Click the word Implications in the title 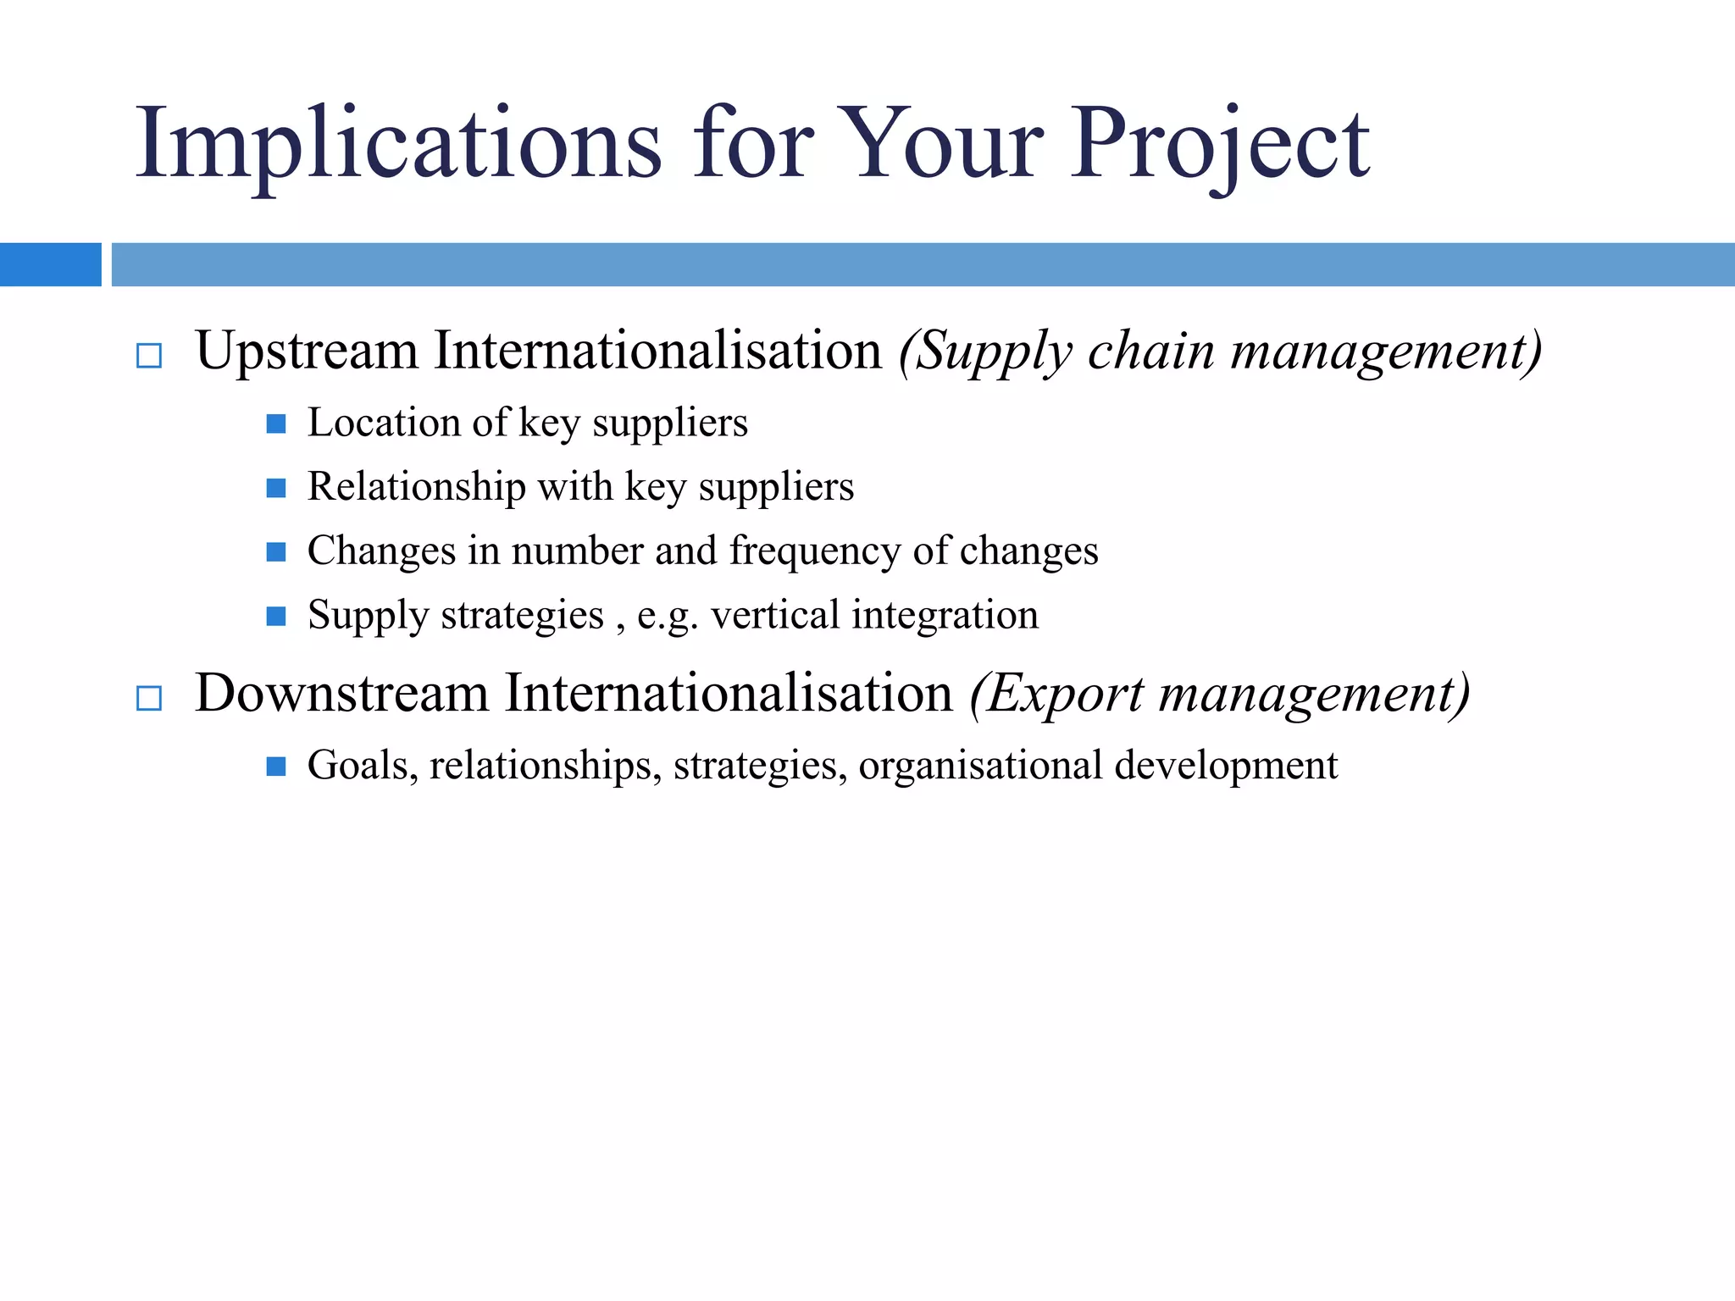click(x=398, y=144)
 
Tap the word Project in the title click(x=1220, y=144)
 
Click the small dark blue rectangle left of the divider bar click(x=50, y=264)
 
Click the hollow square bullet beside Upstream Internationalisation click(x=149, y=356)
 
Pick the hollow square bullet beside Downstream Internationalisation click(x=149, y=698)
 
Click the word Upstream click(x=307, y=351)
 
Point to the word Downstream click(x=342, y=693)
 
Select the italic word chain click(x=1151, y=351)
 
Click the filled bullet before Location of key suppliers click(x=276, y=424)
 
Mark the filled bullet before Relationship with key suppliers click(x=276, y=488)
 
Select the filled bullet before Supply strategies click(x=276, y=616)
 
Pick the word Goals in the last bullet click(x=363, y=766)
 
